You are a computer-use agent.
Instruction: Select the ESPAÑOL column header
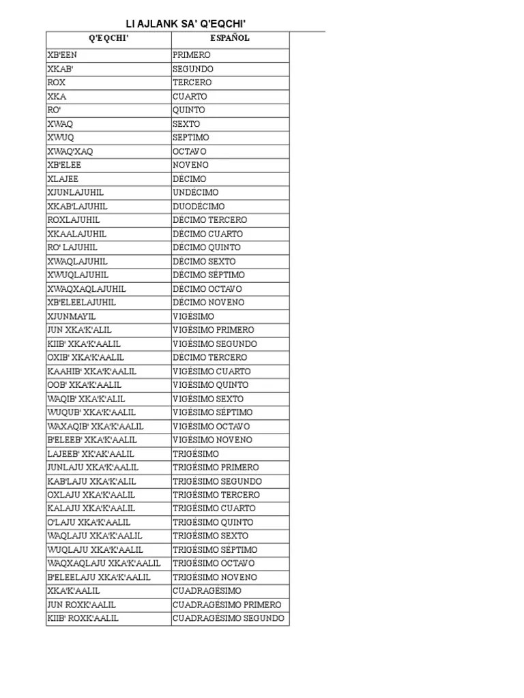pyautogui.click(x=230, y=38)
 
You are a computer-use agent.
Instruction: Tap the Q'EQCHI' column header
pyautogui.click(x=108, y=38)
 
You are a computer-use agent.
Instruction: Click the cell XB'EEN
pyautogui.click(x=62, y=55)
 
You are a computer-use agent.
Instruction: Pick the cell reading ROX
pyautogui.click(x=57, y=82)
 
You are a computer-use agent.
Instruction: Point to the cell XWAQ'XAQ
pyautogui.click(x=70, y=151)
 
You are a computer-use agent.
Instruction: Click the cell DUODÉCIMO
pyautogui.click(x=199, y=206)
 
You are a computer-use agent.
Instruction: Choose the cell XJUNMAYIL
pyautogui.click(x=72, y=316)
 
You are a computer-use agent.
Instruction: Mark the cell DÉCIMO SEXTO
pyautogui.click(x=204, y=261)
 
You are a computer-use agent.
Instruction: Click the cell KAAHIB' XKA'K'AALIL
pyautogui.click(x=91, y=371)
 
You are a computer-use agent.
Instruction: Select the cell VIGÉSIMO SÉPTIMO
pyautogui.click(x=213, y=412)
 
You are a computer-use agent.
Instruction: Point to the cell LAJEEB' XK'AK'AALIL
pyautogui.click(x=91, y=453)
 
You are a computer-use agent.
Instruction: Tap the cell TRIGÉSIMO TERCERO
pyautogui.click(x=216, y=495)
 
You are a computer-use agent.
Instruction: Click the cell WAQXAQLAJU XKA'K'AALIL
pyautogui.click(x=104, y=563)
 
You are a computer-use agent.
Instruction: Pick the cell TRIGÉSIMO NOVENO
pyautogui.click(x=215, y=577)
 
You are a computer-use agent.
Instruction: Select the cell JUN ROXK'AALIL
pyautogui.click(x=81, y=605)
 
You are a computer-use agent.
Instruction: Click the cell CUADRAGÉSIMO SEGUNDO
pyautogui.click(x=229, y=618)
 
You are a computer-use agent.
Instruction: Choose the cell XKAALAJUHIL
pyautogui.click(x=76, y=234)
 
